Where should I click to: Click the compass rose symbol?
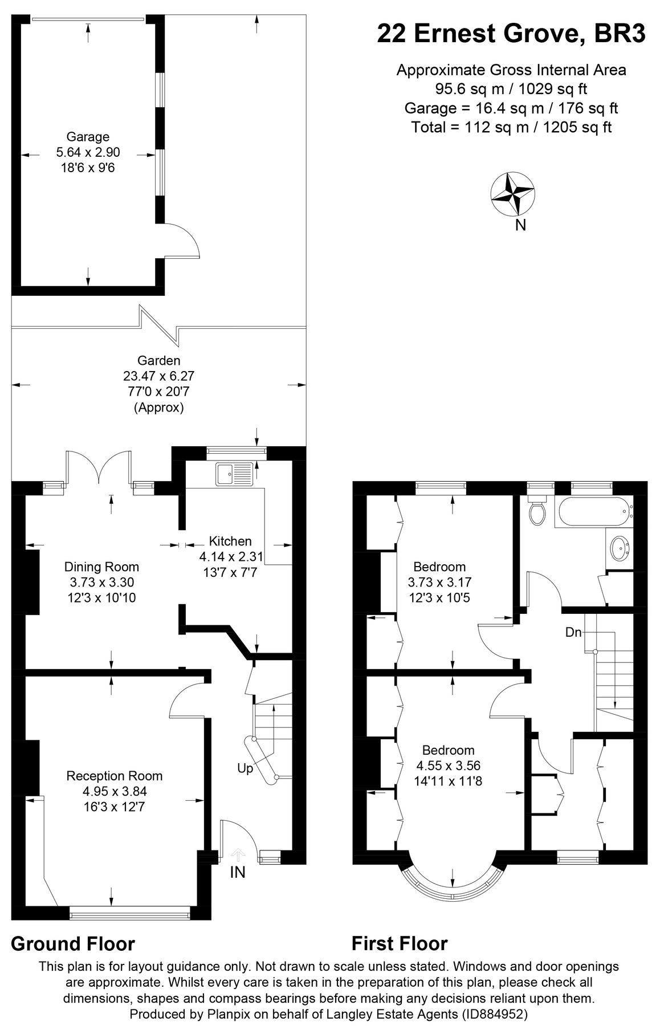coord(512,194)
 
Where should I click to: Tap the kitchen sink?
coord(234,474)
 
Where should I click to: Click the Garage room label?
coord(88,137)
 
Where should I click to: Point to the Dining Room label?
coord(101,567)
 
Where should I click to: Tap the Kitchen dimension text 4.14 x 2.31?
coord(230,557)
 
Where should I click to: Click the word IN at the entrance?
coord(238,872)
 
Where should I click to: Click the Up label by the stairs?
coord(245,768)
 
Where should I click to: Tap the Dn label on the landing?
coord(573,632)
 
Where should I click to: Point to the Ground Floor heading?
coord(73,943)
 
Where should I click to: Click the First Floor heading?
coord(400,943)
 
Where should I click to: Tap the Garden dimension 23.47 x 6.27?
coord(158,376)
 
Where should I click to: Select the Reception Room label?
coord(115,776)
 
